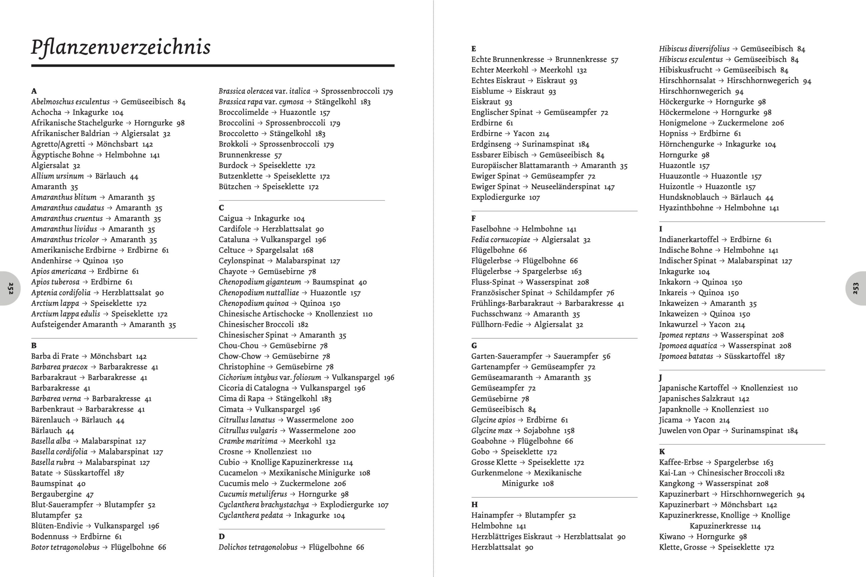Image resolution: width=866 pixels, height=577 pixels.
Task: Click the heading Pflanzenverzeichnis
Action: (x=121, y=47)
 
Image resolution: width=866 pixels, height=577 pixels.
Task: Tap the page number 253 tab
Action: (x=856, y=288)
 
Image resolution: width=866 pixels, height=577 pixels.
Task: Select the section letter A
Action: (x=34, y=91)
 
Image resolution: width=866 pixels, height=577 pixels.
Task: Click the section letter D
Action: (x=221, y=536)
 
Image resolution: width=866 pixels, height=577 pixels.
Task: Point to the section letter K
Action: (x=662, y=452)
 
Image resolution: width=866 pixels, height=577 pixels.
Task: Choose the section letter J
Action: (x=661, y=378)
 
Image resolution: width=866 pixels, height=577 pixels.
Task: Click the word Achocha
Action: (x=46, y=112)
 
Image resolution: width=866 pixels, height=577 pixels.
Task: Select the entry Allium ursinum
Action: (x=58, y=176)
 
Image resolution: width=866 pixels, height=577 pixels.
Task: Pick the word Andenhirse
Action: (x=51, y=261)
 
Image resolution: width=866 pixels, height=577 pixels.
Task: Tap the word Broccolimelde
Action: (x=243, y=112)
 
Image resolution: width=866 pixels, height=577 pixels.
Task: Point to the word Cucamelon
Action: (x=238, y=473)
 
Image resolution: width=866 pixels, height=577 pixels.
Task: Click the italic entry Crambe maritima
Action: (x=248, y=441)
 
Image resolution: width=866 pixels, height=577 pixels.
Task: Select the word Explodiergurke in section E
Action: (x=498, y=197)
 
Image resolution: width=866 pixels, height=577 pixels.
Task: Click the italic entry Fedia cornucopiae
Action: (x=500, y=240)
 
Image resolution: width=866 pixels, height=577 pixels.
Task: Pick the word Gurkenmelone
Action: (x=497, y=473)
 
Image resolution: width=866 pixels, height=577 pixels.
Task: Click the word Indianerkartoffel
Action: (x=688, y=240)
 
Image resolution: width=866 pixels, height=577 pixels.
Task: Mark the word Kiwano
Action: (x=672, y=536)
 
